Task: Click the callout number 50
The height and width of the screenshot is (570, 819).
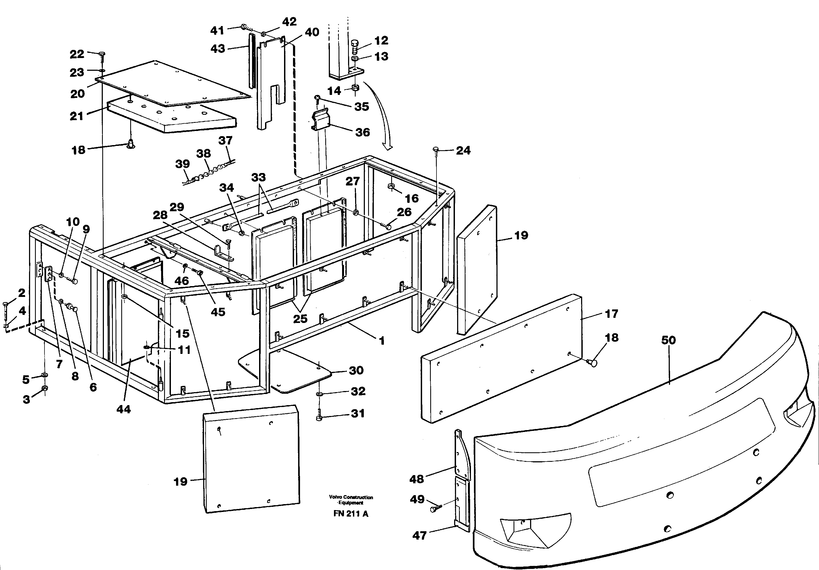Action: coord(668,340)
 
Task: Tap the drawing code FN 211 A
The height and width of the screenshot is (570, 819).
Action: coord(351,514)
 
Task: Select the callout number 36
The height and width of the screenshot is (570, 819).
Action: coord(362,132)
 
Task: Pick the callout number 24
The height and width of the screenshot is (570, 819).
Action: coord(463,150)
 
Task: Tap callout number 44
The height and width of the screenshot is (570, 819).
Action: coord(123,409)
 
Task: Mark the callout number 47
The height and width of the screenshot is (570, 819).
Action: coord(419,535)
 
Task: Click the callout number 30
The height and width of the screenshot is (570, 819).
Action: coord(356,370)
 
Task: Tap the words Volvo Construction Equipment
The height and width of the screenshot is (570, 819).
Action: coord(351,500)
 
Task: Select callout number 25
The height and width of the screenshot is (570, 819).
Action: coord(300,318)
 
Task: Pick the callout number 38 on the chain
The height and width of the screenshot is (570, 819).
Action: coord(203,154)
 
